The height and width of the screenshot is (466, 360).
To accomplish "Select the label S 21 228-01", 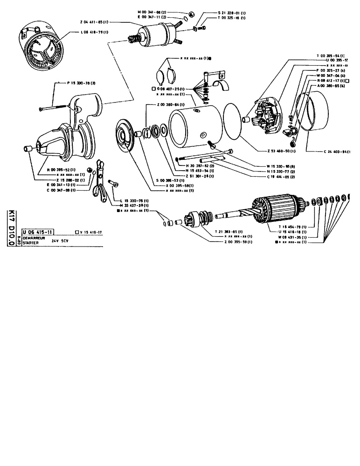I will [x=234, y=13].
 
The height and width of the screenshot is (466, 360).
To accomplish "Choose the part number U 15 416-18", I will [x=296, y=232].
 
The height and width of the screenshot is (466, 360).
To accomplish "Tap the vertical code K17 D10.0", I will [x=11, y=229].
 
